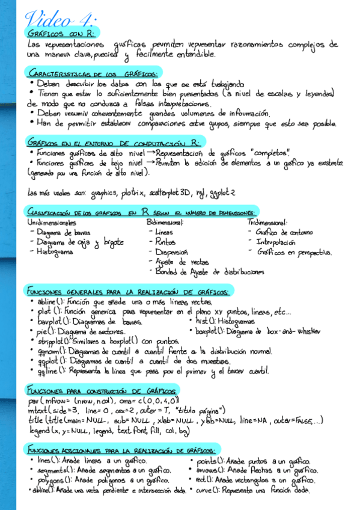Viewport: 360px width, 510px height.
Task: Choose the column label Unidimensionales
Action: coord(52,222)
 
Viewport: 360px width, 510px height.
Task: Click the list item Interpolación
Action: coord(276,242)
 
